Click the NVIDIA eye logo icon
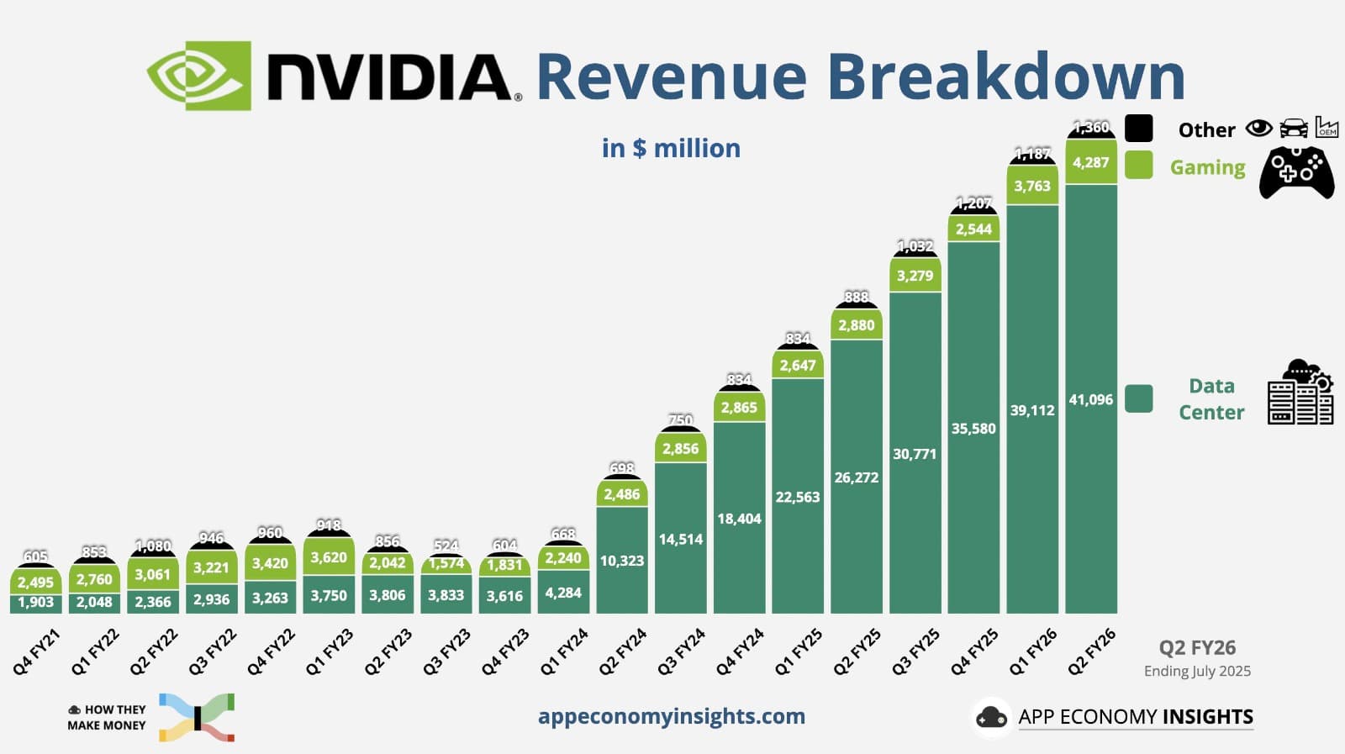[199, 76]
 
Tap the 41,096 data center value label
[1090, 399]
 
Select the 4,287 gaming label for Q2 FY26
[1090, 162]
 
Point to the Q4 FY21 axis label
[37, 652]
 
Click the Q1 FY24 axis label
[564, 652]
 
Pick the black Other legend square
[1138, 129]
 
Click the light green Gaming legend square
[1138, 165]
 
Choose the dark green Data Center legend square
[1138, 398]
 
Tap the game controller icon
[1295, 172]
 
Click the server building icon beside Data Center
[1300, 393]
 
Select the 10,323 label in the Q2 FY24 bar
[621, 561]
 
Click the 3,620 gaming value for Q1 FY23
[329, 557]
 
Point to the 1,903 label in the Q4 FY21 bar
[35, 602]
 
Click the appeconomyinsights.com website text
[671, 716]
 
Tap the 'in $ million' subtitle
[671, 148]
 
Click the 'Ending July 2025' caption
[1197, 671]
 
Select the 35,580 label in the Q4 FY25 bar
[973, 429]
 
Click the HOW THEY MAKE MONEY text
[107, 717]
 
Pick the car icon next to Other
[1294, 129]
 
